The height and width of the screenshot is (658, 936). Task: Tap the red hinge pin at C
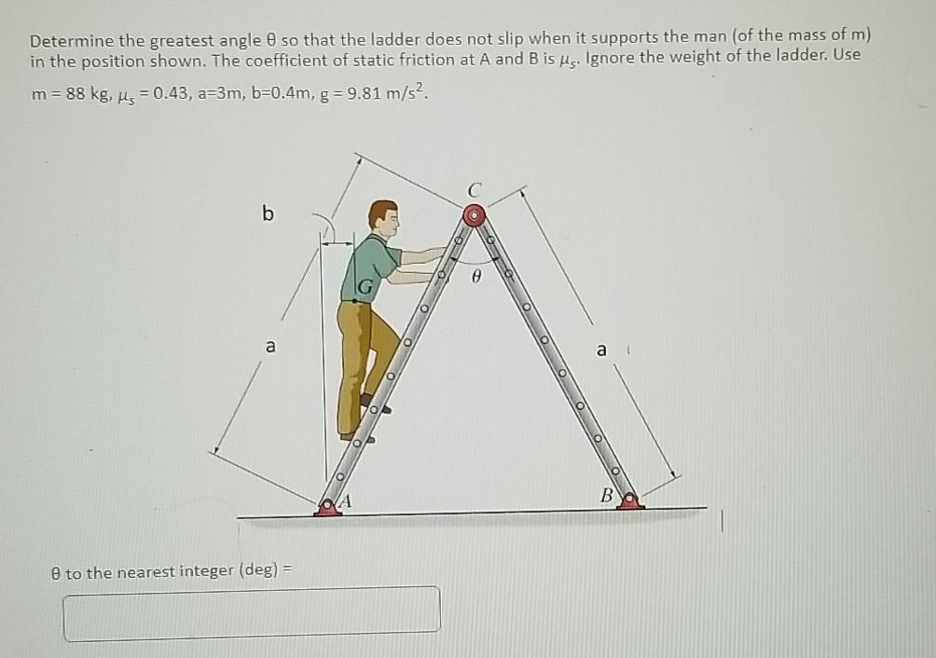pos(475,215)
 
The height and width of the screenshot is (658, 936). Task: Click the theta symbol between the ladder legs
pos(475,276)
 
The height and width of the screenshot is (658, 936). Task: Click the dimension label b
pos(268,214)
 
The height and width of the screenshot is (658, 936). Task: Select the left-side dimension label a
pos(270,347)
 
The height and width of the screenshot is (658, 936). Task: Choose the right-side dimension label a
pos(601,350)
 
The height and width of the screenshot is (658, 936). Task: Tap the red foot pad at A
pos(326,506)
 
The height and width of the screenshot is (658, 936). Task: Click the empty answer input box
pos(252,612)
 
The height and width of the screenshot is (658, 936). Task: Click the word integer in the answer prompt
pos(204,571)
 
